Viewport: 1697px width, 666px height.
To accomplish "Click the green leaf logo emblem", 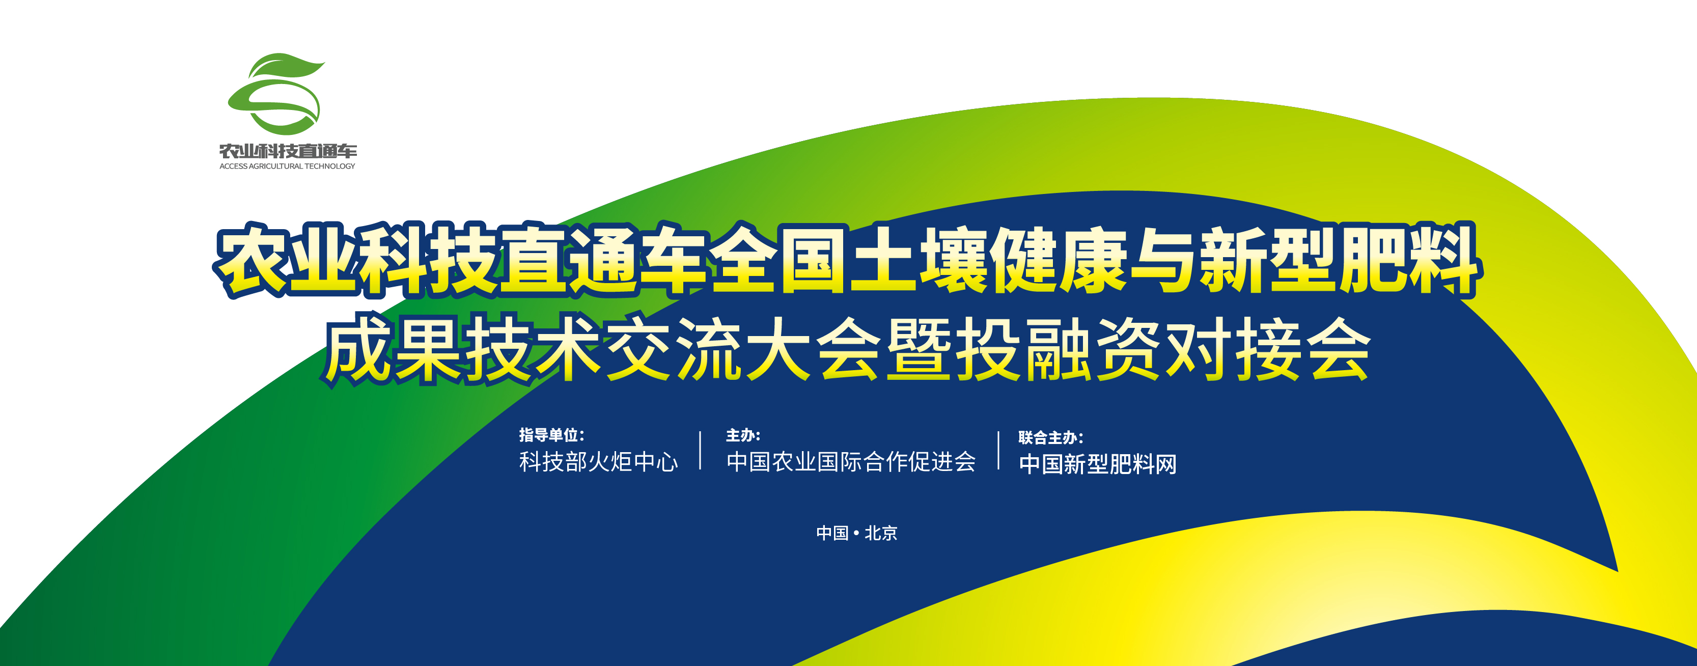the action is coord(275,94).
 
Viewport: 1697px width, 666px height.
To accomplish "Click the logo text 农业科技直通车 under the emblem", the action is coord(288,151).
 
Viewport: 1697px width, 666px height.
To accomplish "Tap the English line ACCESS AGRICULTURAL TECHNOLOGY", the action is coord(287,166).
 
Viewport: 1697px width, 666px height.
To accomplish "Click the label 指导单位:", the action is coord(551,435).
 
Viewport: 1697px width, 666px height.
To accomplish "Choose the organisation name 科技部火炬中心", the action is coord(598,462).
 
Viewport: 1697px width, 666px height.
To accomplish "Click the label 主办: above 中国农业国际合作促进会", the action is coord(743,435).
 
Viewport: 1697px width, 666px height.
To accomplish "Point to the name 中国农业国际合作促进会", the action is coord(850,462).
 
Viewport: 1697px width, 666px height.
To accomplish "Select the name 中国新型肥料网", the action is coord(1098,464).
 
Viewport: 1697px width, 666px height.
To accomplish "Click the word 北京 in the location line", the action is coord(881,533).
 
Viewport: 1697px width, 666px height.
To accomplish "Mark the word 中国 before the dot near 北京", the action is coord(832,533).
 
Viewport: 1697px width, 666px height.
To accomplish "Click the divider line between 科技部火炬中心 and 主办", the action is coord(700,451).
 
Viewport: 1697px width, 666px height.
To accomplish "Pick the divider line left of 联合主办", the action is coord(999,451).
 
